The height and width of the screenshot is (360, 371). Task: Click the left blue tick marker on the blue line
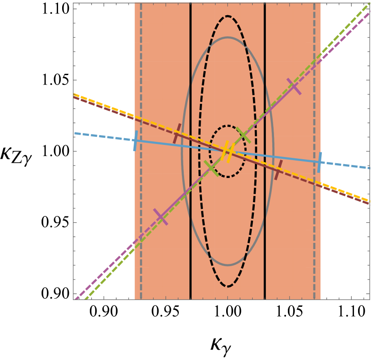coord(135,140)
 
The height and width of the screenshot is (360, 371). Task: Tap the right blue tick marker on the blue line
coord(320,162)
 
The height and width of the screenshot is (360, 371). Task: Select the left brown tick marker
coord(177,133)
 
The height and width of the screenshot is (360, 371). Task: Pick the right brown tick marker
coord(278,169)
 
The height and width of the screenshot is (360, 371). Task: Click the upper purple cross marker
coord(294,86)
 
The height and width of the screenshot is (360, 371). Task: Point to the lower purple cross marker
coord(160,217)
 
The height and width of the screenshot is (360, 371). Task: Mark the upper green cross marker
coord(243,135)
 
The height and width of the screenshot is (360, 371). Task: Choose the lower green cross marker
coord(212,168)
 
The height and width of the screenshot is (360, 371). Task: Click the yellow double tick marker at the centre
coord(228,151)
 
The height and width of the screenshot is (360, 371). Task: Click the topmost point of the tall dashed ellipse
coord(228,16)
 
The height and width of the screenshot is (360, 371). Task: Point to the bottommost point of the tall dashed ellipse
coord(228,286)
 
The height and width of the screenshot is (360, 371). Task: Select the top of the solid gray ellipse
coord(228,38)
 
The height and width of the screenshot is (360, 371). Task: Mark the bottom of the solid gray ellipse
coord(228,265)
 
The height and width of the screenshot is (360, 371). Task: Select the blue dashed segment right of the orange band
coord(346,165)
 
